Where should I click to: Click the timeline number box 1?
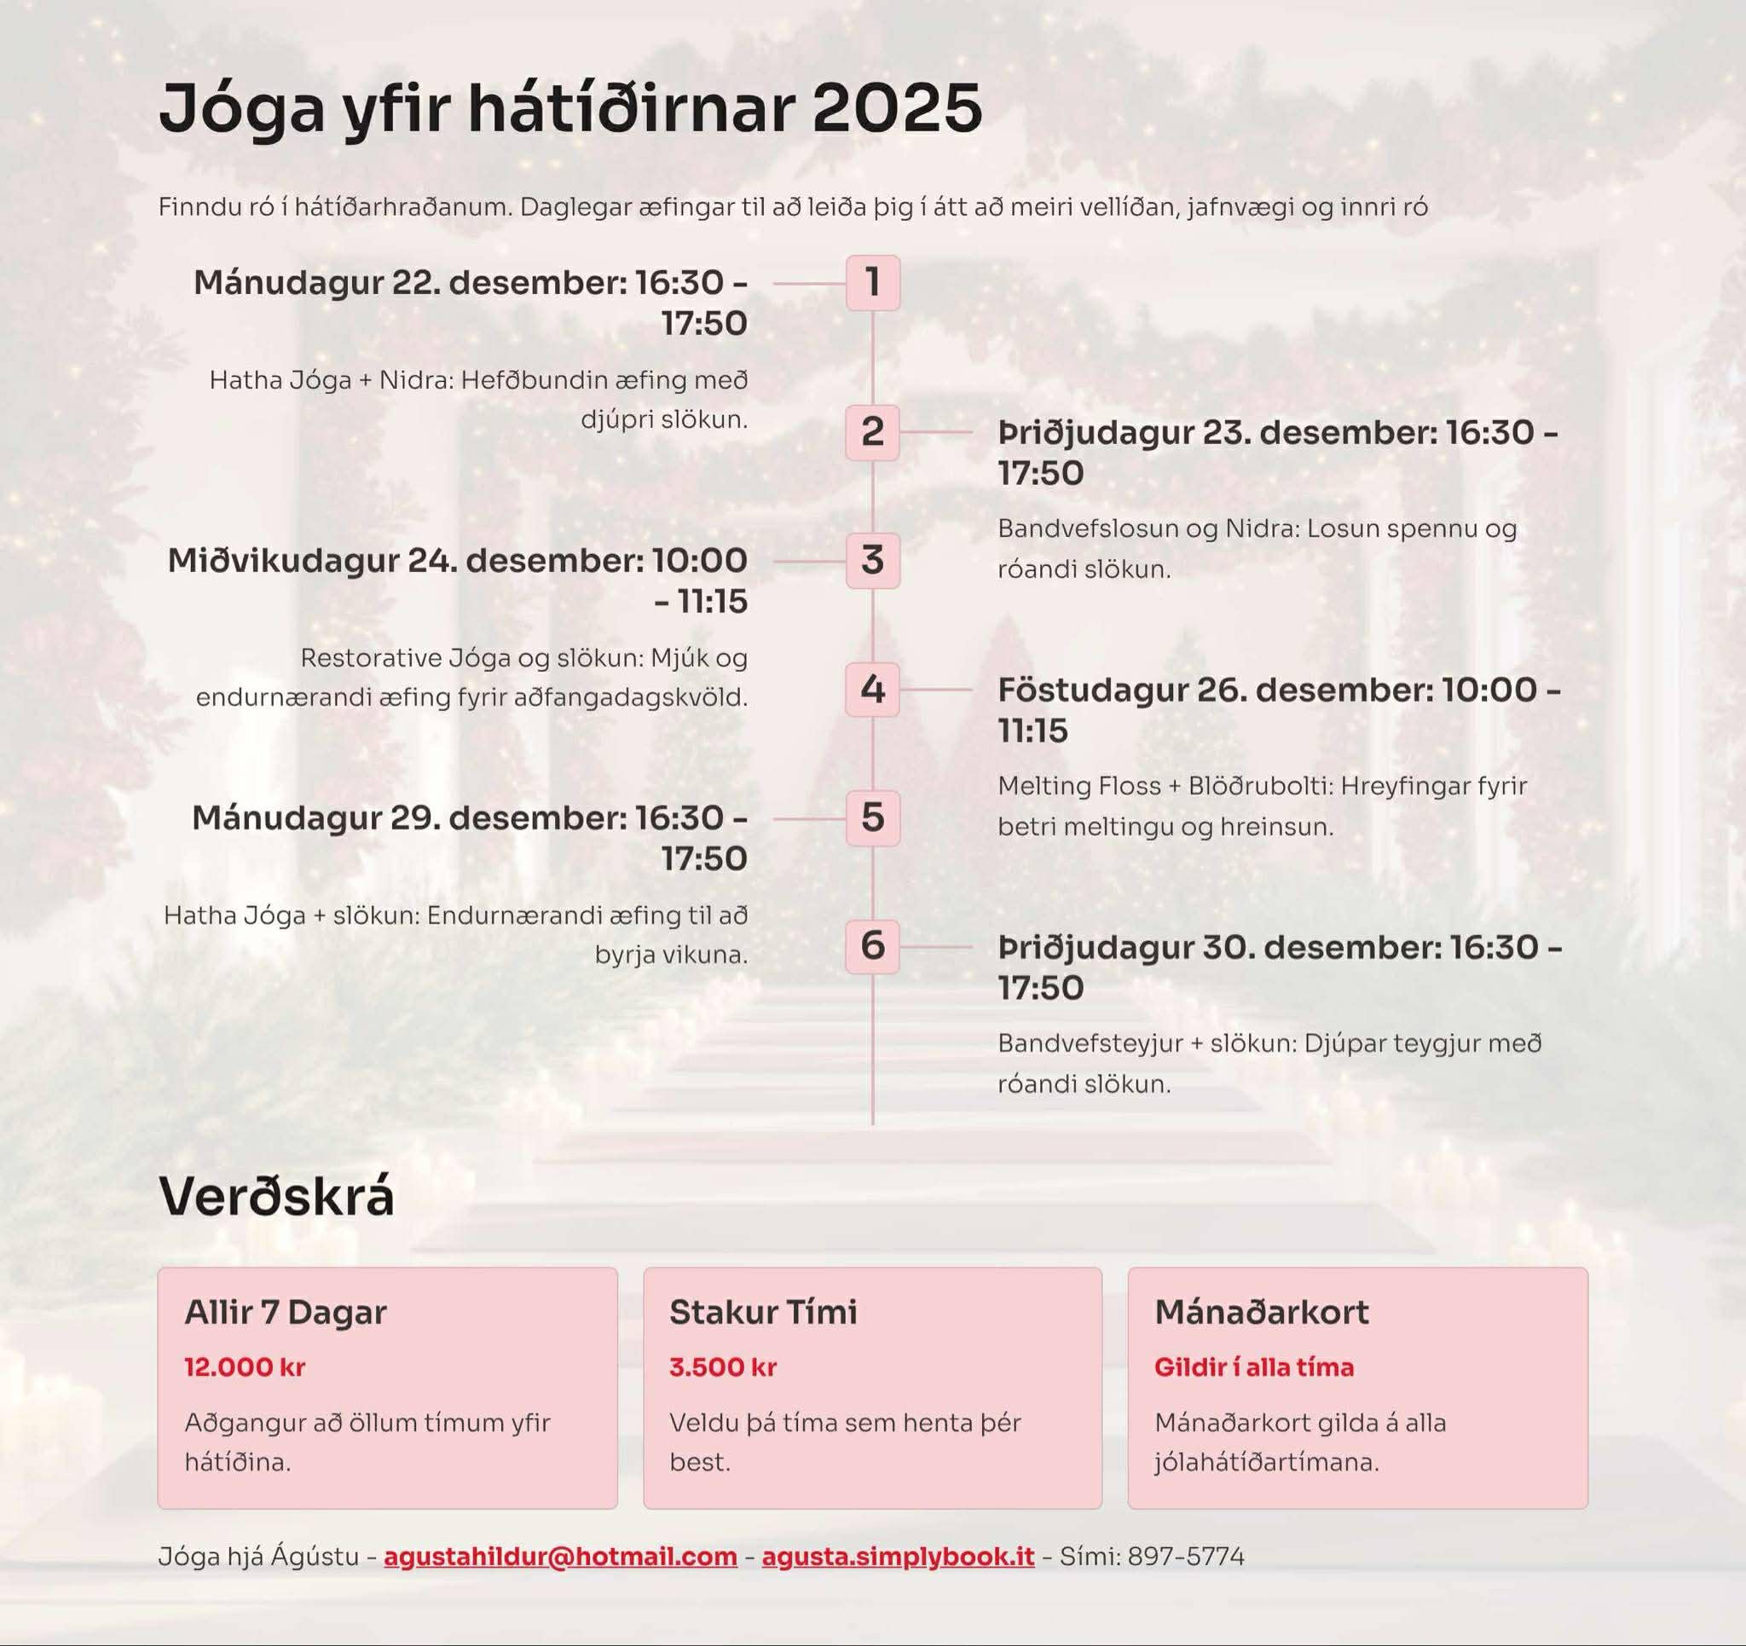pos(872,283)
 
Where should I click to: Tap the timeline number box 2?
pos(872,432)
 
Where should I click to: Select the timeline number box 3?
pos(872,560)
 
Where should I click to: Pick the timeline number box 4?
pos(872,690)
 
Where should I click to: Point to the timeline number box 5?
pos(872,817)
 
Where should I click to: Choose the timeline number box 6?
pos(872,946)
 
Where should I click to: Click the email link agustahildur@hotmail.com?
pos(560,1556)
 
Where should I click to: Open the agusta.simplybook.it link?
pos(898,1556)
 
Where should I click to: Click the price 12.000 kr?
pos(244,1366)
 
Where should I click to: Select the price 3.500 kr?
pos(723,1366)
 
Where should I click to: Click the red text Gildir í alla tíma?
pos(1253,1366)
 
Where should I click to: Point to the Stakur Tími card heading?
pos(762,1312)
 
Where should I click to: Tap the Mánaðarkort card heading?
pos(1261,1312)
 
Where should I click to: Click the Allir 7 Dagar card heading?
pos(286,1312)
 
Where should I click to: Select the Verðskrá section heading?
pos(277,1196)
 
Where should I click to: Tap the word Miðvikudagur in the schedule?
pos(282,561)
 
